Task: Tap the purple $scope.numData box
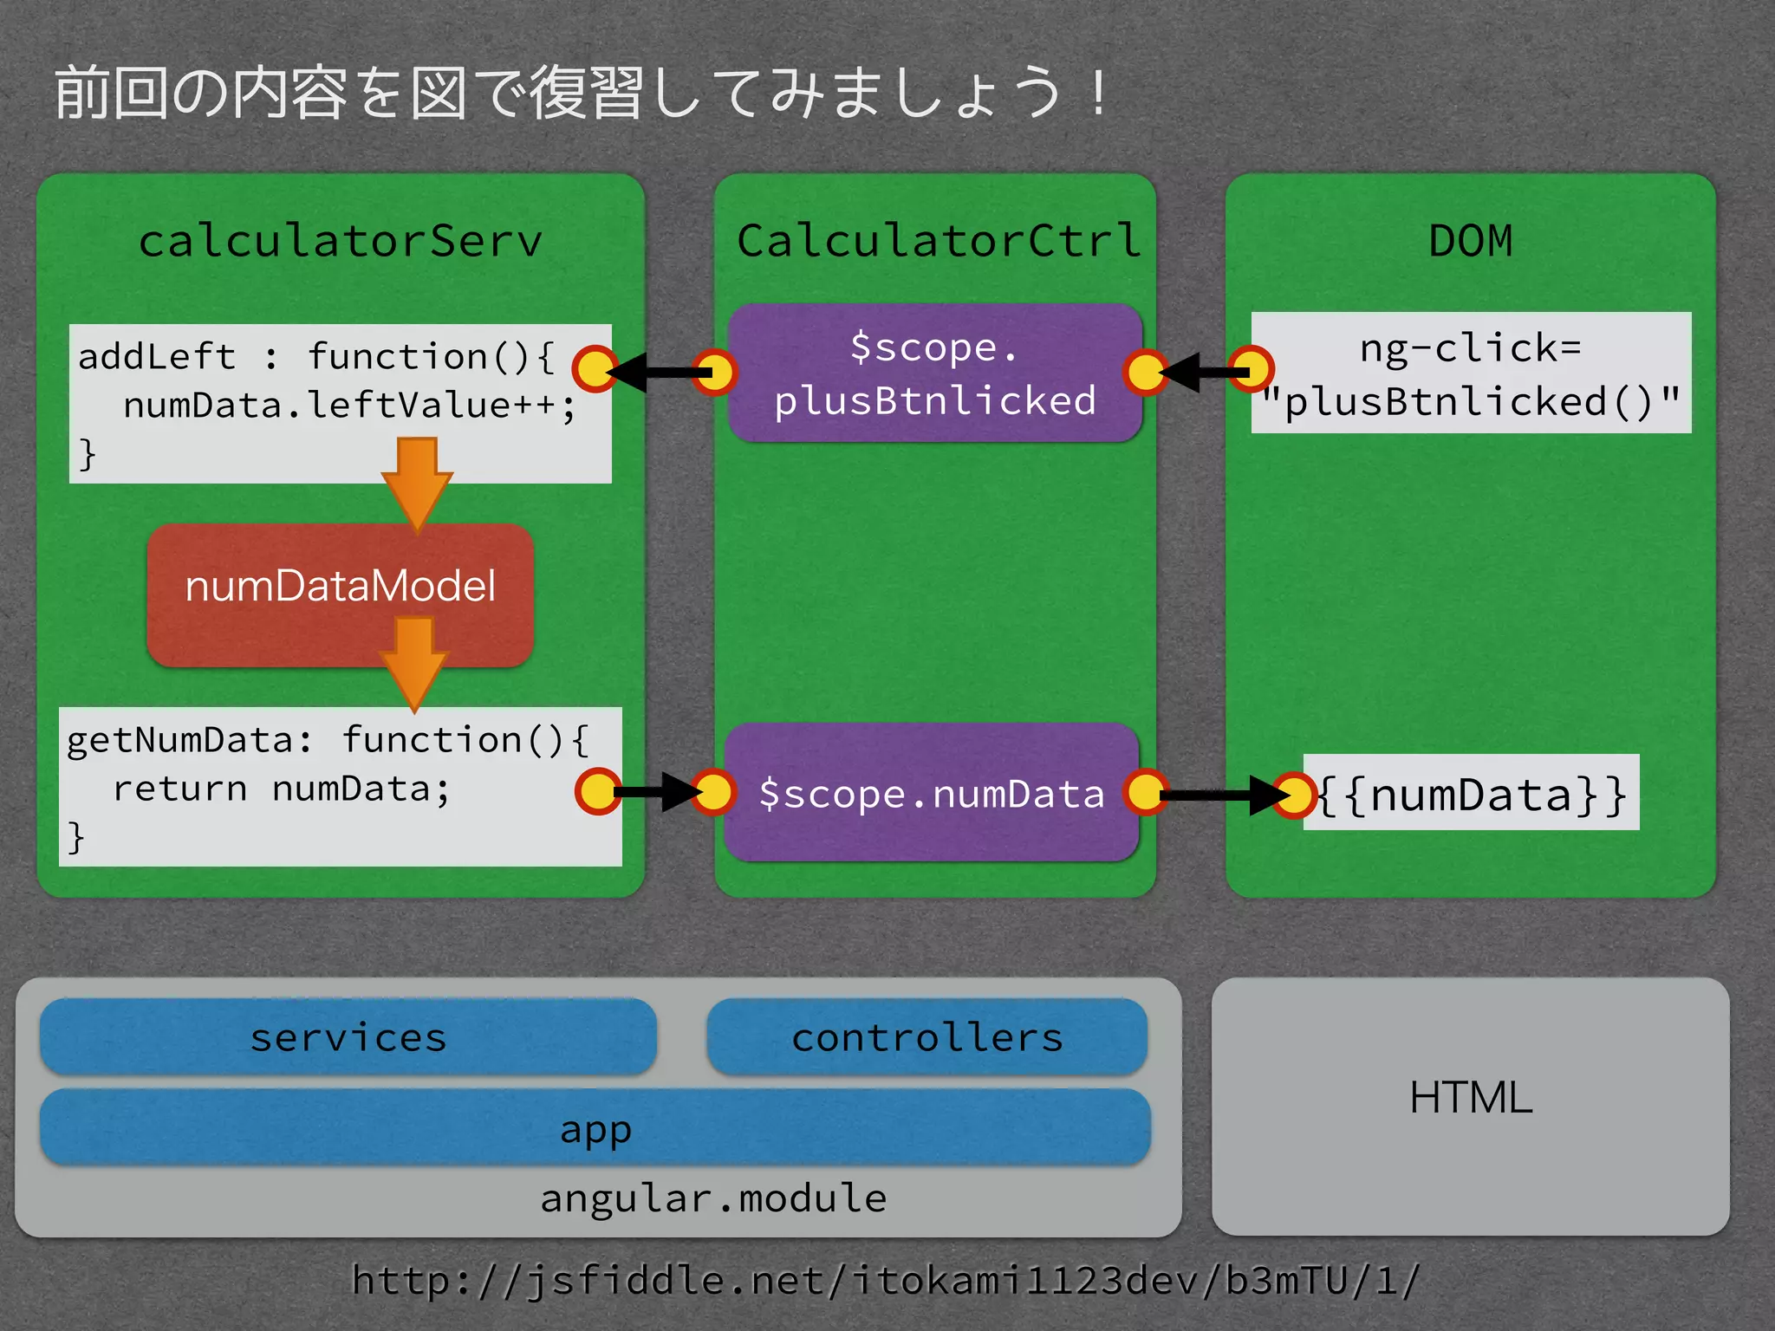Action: (x=931, y=794)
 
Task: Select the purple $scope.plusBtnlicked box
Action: (x=934, y=373)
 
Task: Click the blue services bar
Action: (x=348, y=1037)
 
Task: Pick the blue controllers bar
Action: (x=927, y=1037)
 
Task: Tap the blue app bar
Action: (x=595, y=1129)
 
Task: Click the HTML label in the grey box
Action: (x=1470, y=1097)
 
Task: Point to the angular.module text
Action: (x=712, y=1198)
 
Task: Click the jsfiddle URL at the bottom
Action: (x=886, y=1280)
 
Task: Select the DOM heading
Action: (x=1470, y=241)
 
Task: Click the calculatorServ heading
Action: (x=340, y=241)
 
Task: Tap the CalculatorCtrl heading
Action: (x=938, y=241)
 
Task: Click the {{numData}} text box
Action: (x=1472, y=794)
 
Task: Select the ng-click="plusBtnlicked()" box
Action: (x=1471, y=373)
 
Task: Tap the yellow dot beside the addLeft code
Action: (x=595, y=371)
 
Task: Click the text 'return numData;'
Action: (x=281, y=789)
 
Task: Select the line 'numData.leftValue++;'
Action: (x=348, y=406)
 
